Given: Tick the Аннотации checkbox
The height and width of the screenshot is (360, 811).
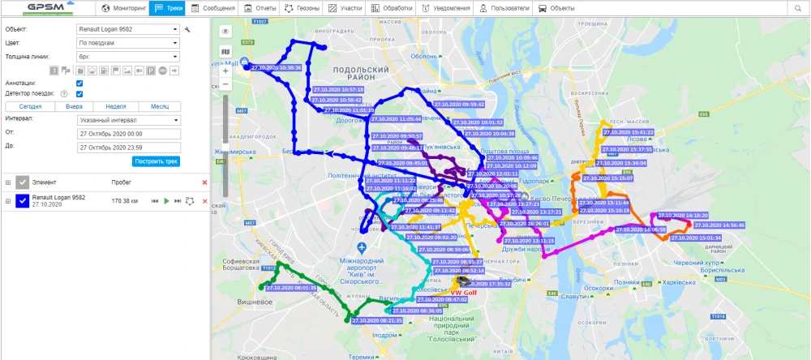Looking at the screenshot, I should click(x=79, y=83).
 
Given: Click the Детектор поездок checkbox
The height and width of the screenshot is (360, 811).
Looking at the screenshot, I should click(x=79, y=94).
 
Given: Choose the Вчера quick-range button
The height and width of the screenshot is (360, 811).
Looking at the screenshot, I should click(x=74, y=106).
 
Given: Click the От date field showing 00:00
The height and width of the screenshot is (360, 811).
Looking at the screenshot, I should click(x=127, y=133).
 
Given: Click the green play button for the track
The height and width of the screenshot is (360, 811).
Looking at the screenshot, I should click(x=165, y=200).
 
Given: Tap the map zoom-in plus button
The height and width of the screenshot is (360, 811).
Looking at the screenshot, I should click(x=225, y=71).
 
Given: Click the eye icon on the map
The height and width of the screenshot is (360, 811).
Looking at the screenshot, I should click(x=225, y=31).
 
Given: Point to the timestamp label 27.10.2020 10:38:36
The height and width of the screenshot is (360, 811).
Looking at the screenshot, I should click(x=277, y=68).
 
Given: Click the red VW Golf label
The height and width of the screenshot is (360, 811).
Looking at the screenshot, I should click(x=462, y=292).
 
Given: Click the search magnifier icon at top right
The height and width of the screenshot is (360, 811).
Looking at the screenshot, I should click(x=797, y=8).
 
